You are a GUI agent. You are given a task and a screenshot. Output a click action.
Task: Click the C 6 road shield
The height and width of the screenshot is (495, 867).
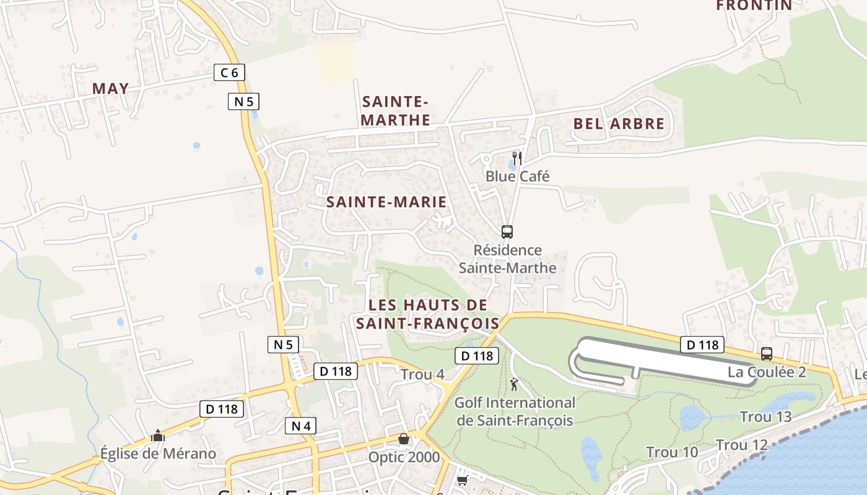pos(229,73)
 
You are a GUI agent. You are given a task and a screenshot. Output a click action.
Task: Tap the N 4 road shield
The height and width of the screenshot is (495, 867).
pos(301,426)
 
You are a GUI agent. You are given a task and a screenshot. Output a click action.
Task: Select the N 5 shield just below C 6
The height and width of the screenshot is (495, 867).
pos(244,101)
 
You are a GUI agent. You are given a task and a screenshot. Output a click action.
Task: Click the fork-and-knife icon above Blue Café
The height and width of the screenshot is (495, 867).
pos(517,158)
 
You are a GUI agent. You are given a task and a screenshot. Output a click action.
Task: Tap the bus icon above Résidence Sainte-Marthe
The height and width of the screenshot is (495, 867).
pos(507,232)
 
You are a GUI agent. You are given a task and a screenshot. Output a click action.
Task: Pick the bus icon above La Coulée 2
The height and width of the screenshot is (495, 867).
pos(767,354)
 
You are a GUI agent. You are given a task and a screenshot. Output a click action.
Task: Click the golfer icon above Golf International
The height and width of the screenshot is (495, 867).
pos(514,385)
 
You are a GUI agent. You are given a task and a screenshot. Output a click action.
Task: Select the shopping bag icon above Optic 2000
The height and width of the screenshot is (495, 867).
pos(404,439)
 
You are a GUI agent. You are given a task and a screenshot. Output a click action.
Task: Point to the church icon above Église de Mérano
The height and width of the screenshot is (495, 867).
pos(158,436)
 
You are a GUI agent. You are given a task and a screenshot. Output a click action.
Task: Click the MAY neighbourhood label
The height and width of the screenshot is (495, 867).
pos(111,88)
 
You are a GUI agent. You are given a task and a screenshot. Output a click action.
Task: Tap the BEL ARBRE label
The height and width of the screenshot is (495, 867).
pos(619,124)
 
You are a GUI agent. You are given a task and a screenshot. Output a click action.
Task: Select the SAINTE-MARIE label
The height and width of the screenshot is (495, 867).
pos(386,202)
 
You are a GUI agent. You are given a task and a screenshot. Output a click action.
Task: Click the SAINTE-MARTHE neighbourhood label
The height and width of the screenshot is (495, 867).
pos(396,111)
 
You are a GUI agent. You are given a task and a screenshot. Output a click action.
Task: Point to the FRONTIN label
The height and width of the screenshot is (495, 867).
pos(754,6)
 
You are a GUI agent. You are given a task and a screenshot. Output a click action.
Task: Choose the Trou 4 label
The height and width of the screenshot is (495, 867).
pos(422,374)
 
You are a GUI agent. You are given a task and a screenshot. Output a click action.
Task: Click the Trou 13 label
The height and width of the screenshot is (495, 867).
pos(766,417)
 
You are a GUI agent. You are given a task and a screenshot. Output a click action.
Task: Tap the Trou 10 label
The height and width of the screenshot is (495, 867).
pos(672,452)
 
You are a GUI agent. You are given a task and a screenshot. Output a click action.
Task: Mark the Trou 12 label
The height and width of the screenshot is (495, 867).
pos(742,445)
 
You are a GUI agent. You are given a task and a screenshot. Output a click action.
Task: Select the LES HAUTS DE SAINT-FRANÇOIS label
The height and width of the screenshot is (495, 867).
pos(427,314)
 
